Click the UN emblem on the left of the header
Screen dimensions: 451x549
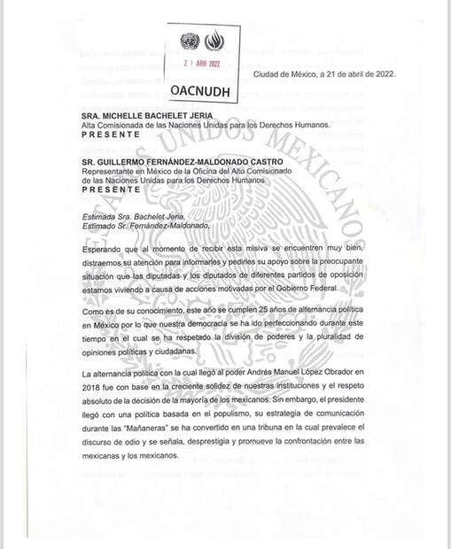click(188, 42)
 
